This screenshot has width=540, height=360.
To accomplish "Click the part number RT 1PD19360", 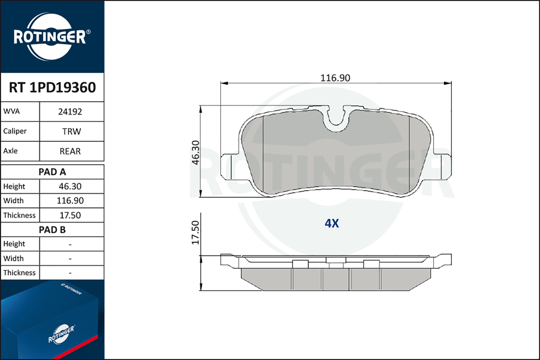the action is click(x=52, y=87).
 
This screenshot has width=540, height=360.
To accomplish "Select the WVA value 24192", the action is click(x=70, y=112).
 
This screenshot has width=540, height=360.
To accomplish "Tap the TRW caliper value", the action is click(x=72, y=132).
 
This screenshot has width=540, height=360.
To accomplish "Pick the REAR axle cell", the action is click(x=70, y=152).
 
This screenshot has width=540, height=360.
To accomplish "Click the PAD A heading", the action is click(x=52, y=172).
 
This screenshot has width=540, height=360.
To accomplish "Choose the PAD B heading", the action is click(x=52, y=230).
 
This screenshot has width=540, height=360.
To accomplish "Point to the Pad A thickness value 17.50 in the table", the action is click(x=70, y=215).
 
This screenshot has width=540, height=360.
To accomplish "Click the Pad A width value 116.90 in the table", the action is click(x=70, y=201).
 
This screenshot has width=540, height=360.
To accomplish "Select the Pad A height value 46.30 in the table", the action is click(x=70, y=186).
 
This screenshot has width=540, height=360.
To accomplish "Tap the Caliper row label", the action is click(x=15, y=131).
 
